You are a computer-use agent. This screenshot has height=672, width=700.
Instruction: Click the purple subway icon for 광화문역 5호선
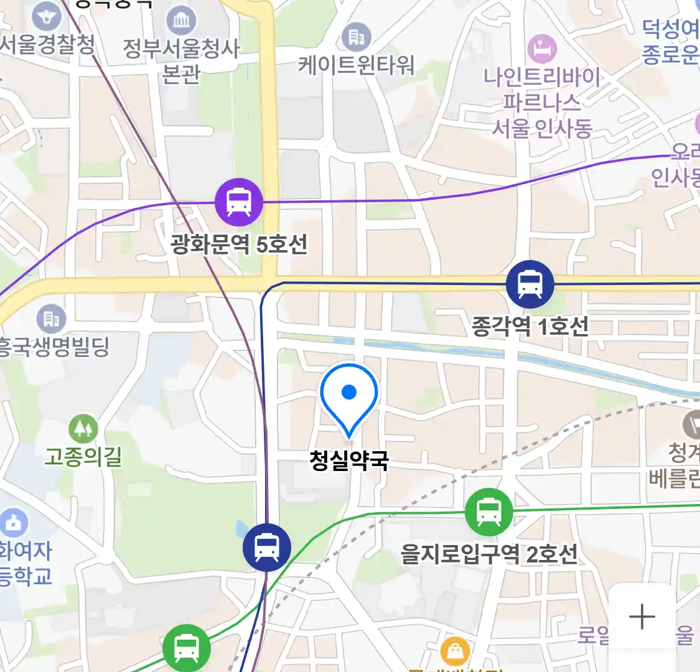click(239, 202)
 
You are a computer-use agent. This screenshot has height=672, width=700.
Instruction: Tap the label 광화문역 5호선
click(239, 245)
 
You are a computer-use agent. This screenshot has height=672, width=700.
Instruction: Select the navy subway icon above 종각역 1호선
click(530, 284)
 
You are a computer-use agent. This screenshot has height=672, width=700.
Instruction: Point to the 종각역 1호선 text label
click(530, 326)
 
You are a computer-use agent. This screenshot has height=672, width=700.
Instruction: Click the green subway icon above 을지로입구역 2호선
click(489, 512)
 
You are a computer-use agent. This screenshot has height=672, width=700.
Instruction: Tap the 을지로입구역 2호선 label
click(489, 554)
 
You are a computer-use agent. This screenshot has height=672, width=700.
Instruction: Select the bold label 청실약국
click(349, 460)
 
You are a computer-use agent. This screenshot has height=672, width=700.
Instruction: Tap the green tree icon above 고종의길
click(83, 429)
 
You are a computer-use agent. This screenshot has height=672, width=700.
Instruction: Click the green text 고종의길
click(83, 458)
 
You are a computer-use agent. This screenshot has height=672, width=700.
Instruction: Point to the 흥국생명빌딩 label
click(55, 347)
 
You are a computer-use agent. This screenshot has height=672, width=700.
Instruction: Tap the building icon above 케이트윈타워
click(357, 37)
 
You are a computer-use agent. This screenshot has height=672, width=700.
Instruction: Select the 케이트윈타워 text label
click(357, 65)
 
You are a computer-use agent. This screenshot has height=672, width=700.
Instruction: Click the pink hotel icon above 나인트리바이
click(542, 48)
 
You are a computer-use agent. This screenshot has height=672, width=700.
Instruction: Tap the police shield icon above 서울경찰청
click(48, 16)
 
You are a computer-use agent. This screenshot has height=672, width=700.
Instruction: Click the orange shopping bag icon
click(455, 652)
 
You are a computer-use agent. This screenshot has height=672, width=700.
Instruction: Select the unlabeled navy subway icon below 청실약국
click(267, 548)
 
